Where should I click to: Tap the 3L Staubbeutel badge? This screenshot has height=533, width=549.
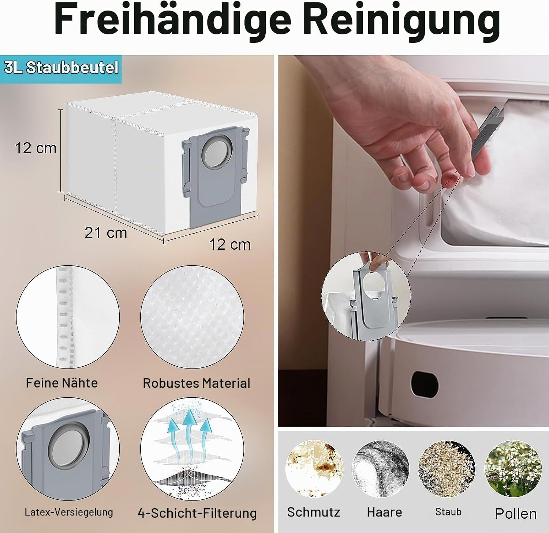pyautogui.click(x=61, y=68)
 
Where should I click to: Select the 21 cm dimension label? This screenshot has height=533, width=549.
pyautogui.click(x=106, y=233)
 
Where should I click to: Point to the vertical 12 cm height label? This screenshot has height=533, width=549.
pyautogui.click(x=36, y=148)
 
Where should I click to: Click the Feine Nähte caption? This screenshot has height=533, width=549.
pyautogui.click(x=62, y=383)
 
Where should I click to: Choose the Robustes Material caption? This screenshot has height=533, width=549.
pyautogui.click(x=196, y=383)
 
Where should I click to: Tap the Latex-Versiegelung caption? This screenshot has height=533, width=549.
pyautogui.click(x=69, y=512)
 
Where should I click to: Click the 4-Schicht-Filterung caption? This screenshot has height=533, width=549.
pyautogui.click(x=197, y=513)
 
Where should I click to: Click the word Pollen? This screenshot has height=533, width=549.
pyautogui.click(x=516, y=514)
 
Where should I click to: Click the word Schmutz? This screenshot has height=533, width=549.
pyautogui.click(x=314, y=512)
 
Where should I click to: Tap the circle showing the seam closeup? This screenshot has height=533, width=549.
pyautogui.click(x=68, y=317)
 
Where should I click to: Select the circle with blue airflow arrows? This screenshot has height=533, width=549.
pyautogui.click(x=192, y=449)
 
